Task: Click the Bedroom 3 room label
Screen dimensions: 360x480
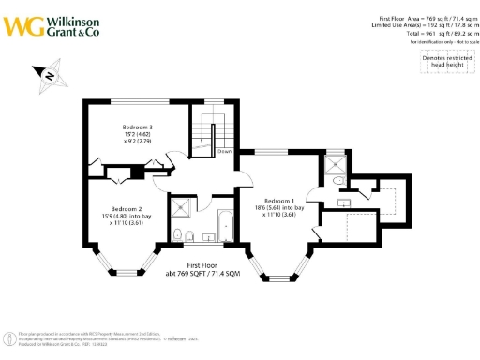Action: [x=137, y=126]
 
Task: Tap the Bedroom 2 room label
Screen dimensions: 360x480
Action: [x=127, y=208]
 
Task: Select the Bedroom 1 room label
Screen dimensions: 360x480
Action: [x=279, y=201]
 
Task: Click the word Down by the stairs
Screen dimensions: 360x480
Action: [x=225, y=150]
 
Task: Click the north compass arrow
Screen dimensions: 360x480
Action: [x=47, y=78]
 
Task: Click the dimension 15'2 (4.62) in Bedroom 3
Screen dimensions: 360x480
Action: [x=137, y=133]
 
